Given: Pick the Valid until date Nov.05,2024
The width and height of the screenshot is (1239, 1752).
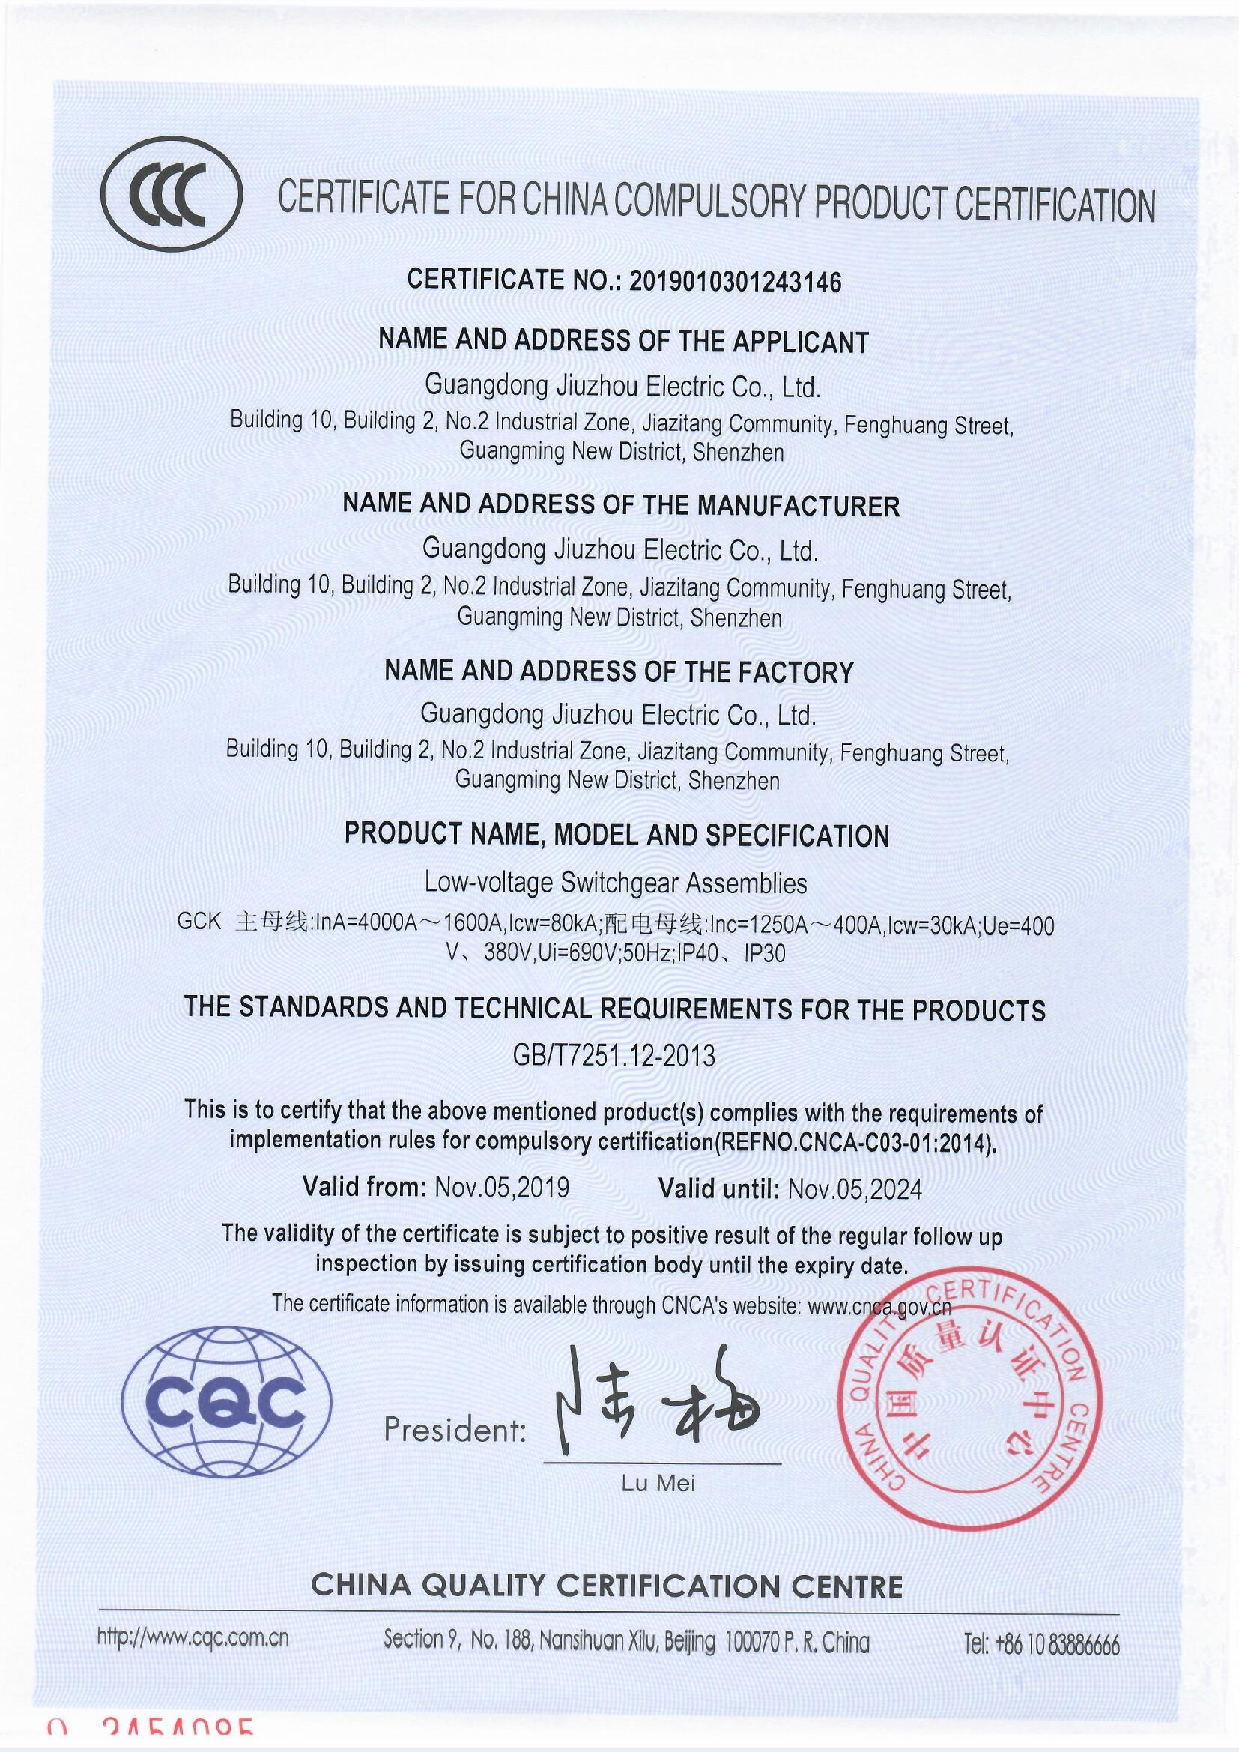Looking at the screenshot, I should pyautogui.click(x=855, y=1188).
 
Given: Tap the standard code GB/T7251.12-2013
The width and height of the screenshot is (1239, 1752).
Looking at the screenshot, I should pyautogui.click(x=614, y=1056).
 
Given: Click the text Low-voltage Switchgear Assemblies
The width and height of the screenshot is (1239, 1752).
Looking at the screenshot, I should pyautogui.click(x=616, y=883).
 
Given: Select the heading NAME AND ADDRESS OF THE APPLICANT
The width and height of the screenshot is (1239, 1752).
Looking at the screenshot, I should pyautogui.click(x=623, y=341).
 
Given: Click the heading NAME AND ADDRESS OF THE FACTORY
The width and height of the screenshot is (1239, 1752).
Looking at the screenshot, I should pyautogui.click(x=619, y=671).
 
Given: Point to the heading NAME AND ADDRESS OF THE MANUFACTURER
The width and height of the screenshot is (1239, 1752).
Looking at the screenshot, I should pyautogui.click(x=621, y=505).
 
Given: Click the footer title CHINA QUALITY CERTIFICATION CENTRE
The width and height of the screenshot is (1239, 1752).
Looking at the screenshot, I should pyautogui.click(x=607, y=1586).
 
